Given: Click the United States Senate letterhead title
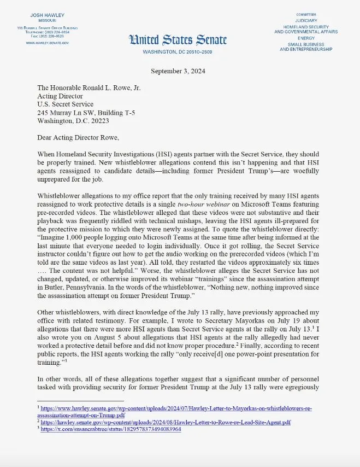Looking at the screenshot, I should click(x=178, y=39).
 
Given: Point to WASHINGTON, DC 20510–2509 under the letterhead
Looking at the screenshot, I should click(x=177, y=52).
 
